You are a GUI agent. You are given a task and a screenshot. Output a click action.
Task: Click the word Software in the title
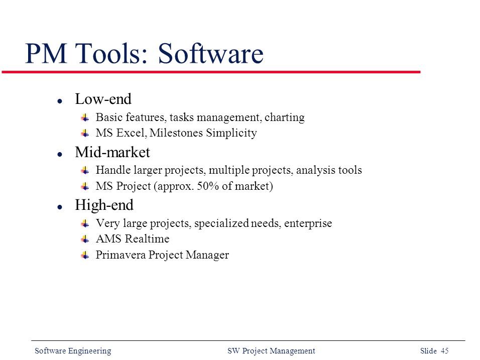coord(210,54)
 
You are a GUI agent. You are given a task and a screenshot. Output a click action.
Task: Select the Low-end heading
coord(103,99)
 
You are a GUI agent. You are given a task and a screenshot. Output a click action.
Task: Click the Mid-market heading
coord(112,152)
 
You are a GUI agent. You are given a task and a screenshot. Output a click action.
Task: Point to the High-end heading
coord(104,205)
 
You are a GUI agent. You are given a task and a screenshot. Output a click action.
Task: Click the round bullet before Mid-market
coord(59,153)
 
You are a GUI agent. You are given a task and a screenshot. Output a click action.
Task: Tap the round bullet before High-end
coord(59,206)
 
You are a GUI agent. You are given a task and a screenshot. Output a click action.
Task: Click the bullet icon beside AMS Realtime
coord(86,239)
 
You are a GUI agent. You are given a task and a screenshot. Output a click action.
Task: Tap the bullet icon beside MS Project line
coord(86,186)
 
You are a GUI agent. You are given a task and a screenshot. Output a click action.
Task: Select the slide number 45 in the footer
coord(444,351)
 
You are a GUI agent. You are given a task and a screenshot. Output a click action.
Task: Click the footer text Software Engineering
coord(73,351)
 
